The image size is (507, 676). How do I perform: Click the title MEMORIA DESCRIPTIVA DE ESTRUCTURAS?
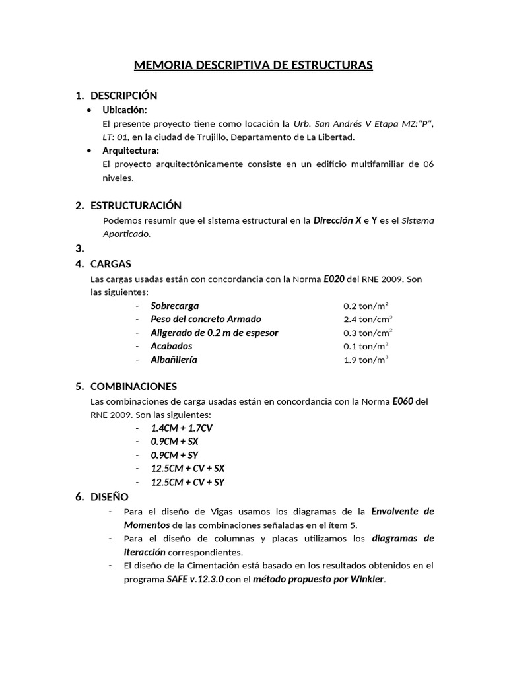coord(253,65)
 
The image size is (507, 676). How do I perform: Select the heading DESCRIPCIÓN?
coord(123,96)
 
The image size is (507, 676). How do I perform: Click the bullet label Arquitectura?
coord(131,151)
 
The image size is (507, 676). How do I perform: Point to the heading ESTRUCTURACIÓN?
coord(135,205)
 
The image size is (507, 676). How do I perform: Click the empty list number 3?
coord(79,249)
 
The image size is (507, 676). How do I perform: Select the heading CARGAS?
coord(110,264)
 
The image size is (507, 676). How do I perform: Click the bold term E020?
coord(333,279)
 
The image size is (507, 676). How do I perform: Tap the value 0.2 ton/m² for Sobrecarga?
coord(366,306)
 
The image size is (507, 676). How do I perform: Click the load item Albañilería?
coord(174,360)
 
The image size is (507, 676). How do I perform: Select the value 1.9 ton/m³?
coord(366,360)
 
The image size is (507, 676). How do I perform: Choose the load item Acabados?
coord(172,346)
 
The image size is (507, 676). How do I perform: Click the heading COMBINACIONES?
coord(133,386)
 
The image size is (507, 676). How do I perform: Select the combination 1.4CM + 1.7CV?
coord(182,428)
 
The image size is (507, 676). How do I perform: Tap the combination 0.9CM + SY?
coord(174,456)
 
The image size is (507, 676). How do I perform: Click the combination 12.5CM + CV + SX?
coord(187,469)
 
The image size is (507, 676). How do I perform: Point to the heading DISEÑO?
coord(109,496)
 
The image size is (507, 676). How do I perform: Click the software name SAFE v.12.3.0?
coord(195,580)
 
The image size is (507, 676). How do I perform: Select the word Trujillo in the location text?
coord(211,137)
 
